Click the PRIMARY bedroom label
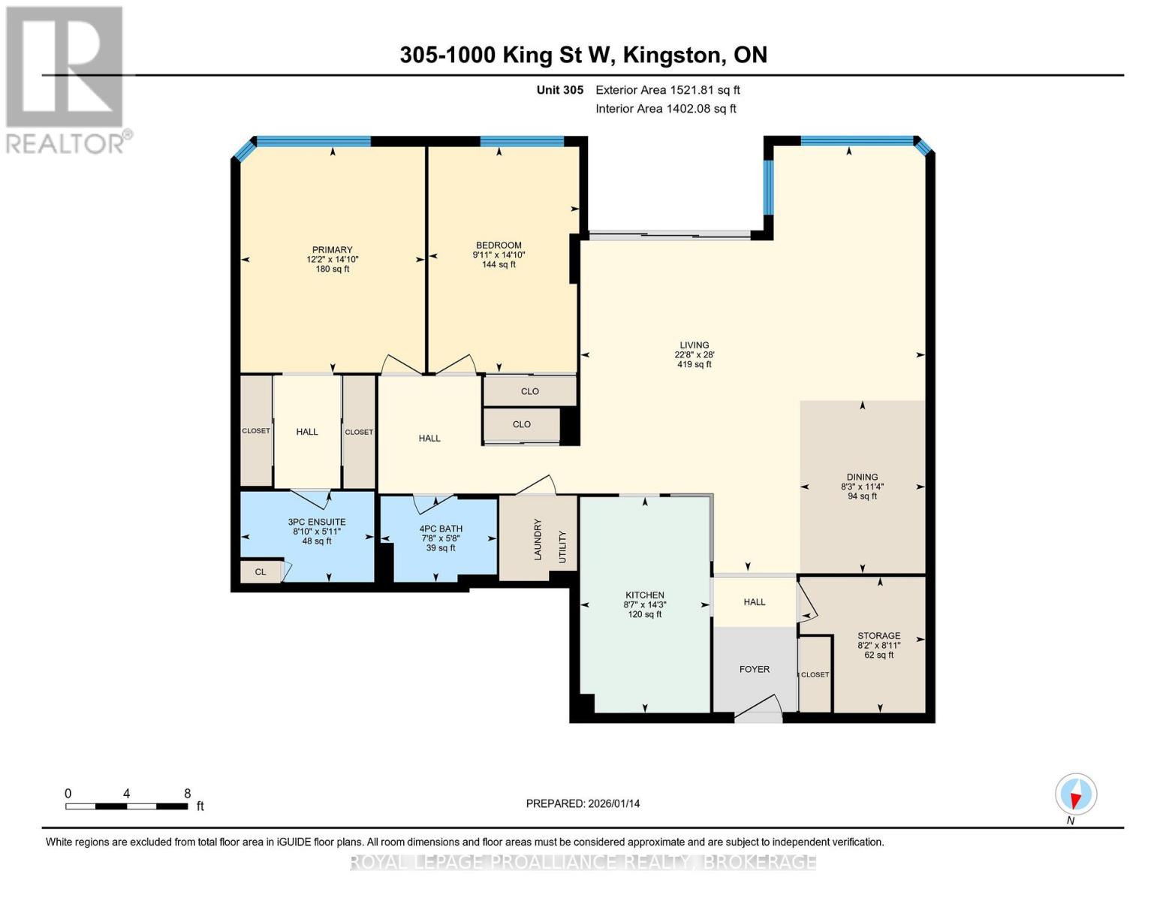[x=332, y=250]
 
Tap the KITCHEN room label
[x=644, y=595]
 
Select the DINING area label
[x=862, y=477]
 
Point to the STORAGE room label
[x=878, y=635]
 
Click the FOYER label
[x=754, y=669]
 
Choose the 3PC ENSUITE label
[x=316, y=522]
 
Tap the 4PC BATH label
[x=441, y=529]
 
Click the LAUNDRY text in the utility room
[x=538, y=539]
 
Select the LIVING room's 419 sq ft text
[x=694, y=365]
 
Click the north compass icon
[x=1076, y=794]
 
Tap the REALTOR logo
[x=66, y=79]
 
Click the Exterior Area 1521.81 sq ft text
[x=667, y=90]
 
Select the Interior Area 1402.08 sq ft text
[x=665, y=109]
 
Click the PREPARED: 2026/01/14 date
[x=583, y=803]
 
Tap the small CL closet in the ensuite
[x=260, y=572]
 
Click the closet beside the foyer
[x=815, y=674]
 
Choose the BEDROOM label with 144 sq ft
[x=499, y=246]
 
